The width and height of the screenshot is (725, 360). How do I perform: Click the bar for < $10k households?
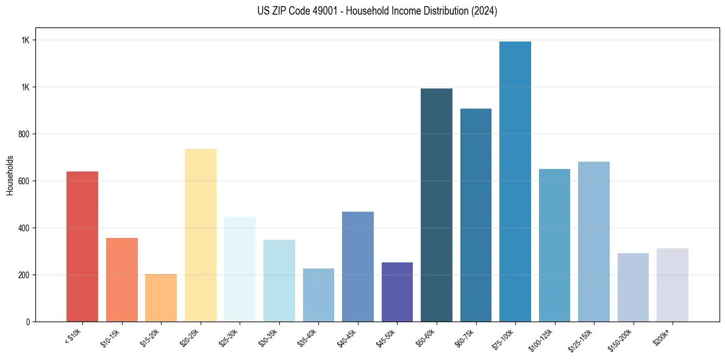pos(82,247)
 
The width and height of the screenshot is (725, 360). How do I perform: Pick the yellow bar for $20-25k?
pos(200,235)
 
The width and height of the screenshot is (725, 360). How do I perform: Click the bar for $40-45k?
pos(358,267)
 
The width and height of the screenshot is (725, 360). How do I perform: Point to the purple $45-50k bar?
pos(397,292)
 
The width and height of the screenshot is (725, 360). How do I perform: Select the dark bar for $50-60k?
pos(437,205)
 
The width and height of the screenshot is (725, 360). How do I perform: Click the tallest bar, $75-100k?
pos(515,181)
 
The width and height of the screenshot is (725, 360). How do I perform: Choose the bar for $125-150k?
pos(594,242)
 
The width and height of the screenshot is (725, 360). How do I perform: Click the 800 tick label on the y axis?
pos(24,134)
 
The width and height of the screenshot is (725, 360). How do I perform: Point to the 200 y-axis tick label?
pos(24,275)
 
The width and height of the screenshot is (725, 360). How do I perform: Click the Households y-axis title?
pos(10,175)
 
